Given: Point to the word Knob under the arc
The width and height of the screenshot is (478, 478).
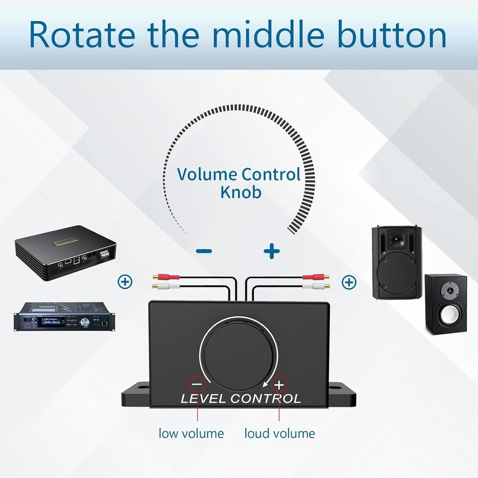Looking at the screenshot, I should point(241,192).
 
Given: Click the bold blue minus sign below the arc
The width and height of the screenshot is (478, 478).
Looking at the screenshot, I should point(204,251).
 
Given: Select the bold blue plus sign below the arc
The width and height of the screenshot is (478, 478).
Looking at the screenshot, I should point(272,250).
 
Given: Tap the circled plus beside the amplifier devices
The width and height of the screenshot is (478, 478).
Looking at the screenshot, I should point(125,282).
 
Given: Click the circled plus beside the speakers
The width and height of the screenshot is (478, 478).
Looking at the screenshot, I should point(349,282).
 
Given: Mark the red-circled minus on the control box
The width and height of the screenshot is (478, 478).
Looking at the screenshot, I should point(198,383).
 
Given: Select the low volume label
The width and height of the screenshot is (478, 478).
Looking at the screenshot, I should point(191,434).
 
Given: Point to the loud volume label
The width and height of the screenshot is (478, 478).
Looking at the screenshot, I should point(280,434).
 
